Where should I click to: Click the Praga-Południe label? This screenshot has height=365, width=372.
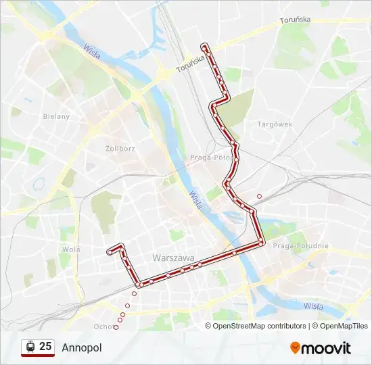click(300, 246)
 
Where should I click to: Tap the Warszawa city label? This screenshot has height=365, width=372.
click(174, 258)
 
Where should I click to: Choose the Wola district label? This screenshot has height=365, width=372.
click(70, 249)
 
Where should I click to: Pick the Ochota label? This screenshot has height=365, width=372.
click(104, 326)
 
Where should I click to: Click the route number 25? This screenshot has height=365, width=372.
click(45, 347)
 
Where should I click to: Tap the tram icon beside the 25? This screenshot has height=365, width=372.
click(30, 347)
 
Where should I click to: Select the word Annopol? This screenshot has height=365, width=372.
click(81, 348)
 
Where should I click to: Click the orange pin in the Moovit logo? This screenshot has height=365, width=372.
click(295, 348)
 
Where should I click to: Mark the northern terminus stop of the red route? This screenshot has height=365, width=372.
click(204, 45)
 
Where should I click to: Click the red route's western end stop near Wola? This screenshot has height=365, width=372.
click(109, 252)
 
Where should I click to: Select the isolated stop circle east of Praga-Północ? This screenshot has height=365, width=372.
click(259, 197)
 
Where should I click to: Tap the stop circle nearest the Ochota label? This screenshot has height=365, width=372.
click(116, 327)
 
